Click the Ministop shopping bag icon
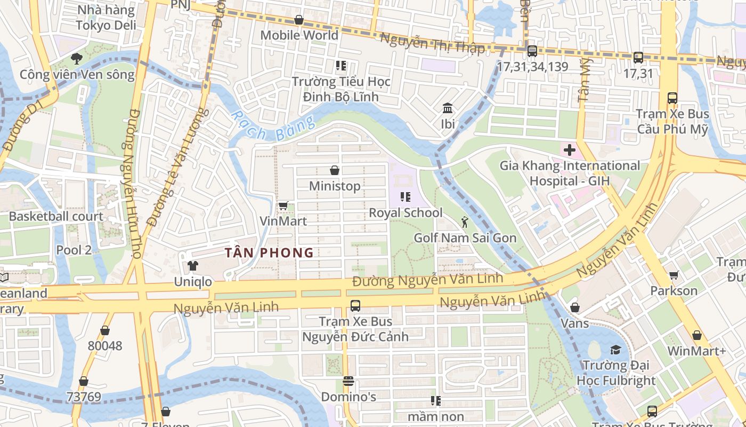click(335, 170)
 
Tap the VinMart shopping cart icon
click(283, 205)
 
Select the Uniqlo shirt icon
click(192, 265)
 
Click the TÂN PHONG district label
click(269, 252)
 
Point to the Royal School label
click(406, 212)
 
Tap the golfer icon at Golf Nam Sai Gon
click(465, 222)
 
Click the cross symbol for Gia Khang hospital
click(569, 150)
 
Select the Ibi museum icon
click(448, 108)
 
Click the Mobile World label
click(299, 35)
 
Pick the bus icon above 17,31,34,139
click(532, 51)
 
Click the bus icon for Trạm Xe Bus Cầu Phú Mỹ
click(672, 98)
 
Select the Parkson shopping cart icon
click(674, 275)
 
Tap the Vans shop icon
click(574, 307)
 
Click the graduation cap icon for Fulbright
click(615, 350)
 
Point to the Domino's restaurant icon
click(348, 381)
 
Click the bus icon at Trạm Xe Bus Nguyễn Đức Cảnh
click(355, 306)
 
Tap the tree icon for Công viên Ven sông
click(77, 59)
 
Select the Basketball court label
click(56, 216)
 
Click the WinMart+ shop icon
click(696, 335)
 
